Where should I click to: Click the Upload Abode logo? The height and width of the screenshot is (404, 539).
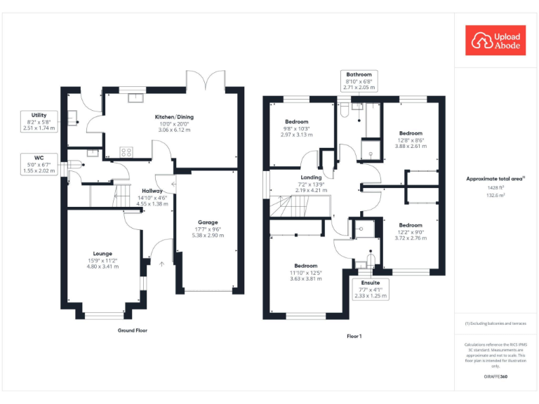pos(495,41)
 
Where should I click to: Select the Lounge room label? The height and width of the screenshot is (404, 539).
pos(102,253)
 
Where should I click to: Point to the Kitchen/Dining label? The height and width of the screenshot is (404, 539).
pos(174,117)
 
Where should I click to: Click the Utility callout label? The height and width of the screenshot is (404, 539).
pos(39,114)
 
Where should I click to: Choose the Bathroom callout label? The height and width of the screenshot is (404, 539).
pos(359,74)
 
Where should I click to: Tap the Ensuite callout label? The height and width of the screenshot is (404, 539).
pos(369,283)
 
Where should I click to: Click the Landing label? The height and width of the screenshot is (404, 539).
pos(312,177)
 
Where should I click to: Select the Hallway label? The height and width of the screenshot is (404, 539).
pos(152,191)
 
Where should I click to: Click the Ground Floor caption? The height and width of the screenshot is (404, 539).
pos(132,330)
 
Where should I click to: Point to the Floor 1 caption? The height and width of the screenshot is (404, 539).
pos(354,337)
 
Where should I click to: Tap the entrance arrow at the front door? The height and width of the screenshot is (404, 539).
pos(161,264)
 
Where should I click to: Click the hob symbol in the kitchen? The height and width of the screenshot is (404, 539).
pos(127,151)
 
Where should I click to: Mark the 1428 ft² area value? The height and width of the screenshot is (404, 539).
pos(495,188)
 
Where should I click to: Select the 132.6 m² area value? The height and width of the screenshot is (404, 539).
pos(495,196)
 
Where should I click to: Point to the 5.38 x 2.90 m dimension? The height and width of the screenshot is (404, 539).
pos(208,236)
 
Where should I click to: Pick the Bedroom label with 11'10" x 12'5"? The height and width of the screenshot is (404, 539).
pos(306,266)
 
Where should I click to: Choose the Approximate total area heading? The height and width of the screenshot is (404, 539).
pos(495,179)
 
